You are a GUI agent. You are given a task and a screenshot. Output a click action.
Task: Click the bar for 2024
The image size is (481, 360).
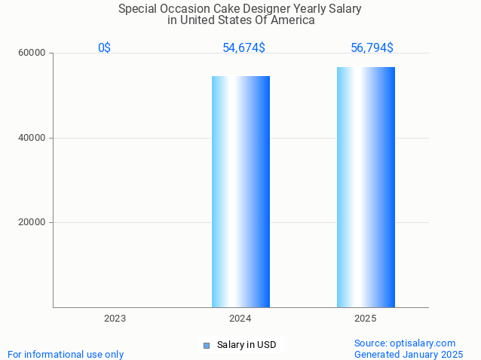[x=240, y=191]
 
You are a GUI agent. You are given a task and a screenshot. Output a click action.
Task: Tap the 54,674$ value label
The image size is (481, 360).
[x=244, y=48]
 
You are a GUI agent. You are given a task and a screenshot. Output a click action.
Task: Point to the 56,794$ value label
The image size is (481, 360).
[x=372, y=48]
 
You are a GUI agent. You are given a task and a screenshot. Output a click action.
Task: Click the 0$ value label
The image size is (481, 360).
[x=104, y=48]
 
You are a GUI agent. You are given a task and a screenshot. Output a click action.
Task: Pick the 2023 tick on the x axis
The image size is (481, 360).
[x=115, y=319]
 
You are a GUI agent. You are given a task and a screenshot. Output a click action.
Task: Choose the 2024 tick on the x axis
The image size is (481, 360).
[x=240, y=319]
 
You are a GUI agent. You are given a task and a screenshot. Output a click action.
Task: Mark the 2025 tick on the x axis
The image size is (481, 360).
[x=366, y=319]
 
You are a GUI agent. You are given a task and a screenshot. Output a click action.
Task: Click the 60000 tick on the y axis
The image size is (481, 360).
[x=32, y=53]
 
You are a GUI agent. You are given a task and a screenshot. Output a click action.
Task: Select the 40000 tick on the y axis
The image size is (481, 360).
[x=32, y=138]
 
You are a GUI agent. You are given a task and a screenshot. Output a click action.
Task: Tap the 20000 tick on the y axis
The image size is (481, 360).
[x=32, y=222]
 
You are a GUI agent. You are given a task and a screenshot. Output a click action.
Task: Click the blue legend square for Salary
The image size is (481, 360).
[x=206, y=346]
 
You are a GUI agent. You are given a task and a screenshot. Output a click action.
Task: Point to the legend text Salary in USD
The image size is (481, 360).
[x=247, y=345]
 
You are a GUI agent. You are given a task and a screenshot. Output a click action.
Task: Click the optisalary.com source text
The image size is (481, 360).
[x=405, y=343]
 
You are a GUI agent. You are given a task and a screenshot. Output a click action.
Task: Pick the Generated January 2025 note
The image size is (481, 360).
[x=409, y=354]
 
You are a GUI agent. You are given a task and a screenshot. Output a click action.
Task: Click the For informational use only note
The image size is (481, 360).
[x=66, y=354]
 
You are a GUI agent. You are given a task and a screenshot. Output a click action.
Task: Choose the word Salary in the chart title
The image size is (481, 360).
[x=344, y=9]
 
